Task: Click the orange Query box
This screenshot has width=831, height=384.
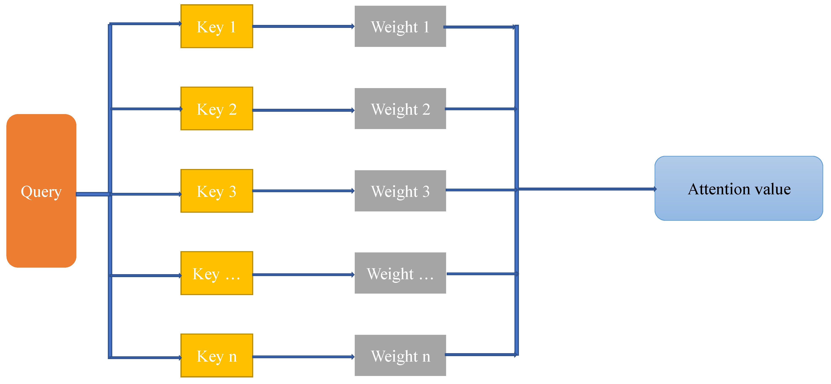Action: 41,191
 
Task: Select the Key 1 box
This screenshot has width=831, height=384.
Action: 217,26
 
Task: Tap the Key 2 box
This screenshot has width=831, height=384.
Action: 217,109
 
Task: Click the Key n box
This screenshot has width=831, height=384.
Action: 217,355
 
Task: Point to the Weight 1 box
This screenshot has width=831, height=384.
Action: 400,26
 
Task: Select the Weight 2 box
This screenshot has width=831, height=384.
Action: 400,109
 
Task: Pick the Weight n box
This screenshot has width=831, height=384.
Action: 400,355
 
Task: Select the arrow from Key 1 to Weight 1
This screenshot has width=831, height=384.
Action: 303,26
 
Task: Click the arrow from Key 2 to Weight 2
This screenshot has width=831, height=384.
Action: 303,110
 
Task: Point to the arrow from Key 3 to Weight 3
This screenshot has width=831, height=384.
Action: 303,191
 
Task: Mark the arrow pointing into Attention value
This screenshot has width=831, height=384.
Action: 587,189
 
